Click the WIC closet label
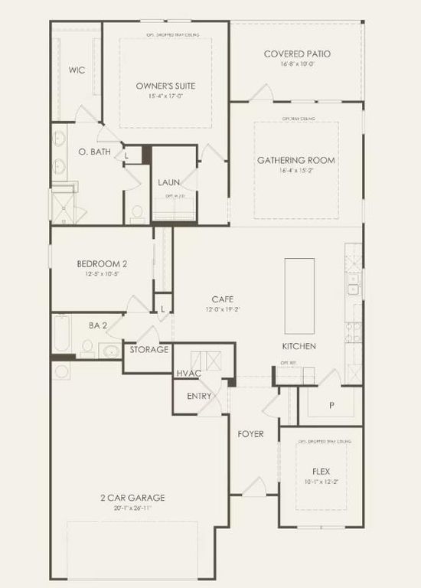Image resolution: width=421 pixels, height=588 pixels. tap(76, 70)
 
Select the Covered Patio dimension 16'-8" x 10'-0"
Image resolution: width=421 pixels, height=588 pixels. tap(297, 64)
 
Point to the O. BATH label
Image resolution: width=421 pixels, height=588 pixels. tap(95, 152)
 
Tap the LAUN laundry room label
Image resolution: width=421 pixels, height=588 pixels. tap(169, 182)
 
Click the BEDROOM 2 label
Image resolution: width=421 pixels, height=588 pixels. tap(102, 264)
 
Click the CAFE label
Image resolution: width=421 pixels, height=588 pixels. tap(223, 299)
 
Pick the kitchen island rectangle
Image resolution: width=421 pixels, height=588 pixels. tap(299, 295)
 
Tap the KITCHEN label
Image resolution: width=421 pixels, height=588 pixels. tap(299, 346)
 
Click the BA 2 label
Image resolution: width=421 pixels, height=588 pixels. tap(97, 325)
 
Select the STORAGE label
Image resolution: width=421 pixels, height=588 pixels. tap(148, 349)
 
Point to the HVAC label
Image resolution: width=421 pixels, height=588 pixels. tap(188, 373)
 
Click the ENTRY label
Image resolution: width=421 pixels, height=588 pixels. tap(200, 396)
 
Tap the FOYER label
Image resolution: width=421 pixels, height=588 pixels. tap(250, 434)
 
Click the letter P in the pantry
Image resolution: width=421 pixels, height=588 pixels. tap(331, 405)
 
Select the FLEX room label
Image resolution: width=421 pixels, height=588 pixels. tap(321, 472)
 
